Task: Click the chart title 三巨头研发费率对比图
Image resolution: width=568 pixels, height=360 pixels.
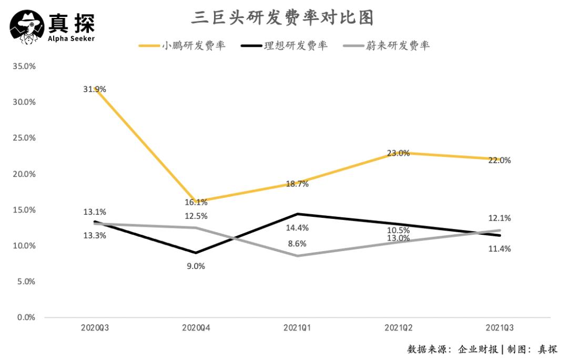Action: pyautogui.click(x=282, y=18)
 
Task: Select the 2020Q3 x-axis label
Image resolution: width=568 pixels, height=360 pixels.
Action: pyautogui.click(x=95, y=327)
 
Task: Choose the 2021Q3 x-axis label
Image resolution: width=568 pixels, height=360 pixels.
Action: pyautogui.click(x=500, y=327)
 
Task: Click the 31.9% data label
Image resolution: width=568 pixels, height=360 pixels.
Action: pyautogui.click(x=95, y=89)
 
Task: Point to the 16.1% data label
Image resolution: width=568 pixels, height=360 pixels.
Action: pyautogui.click(x=196, y=203)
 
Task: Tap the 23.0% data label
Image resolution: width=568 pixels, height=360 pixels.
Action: pyautogui.click(x=398, y=153)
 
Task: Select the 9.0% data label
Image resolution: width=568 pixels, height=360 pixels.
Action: pyautogui.click(x=196, y=266)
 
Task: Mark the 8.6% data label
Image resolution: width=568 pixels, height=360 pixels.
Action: pyautogui.click(x=297, y=244)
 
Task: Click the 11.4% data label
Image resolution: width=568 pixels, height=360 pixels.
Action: pyautogui.click(x=499, y=249)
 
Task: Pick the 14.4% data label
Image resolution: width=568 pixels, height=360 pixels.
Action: pyautogui.click(x=297, y=228)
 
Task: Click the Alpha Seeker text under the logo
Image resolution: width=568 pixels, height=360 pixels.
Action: pyautogui.click(x=71, y=39)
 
